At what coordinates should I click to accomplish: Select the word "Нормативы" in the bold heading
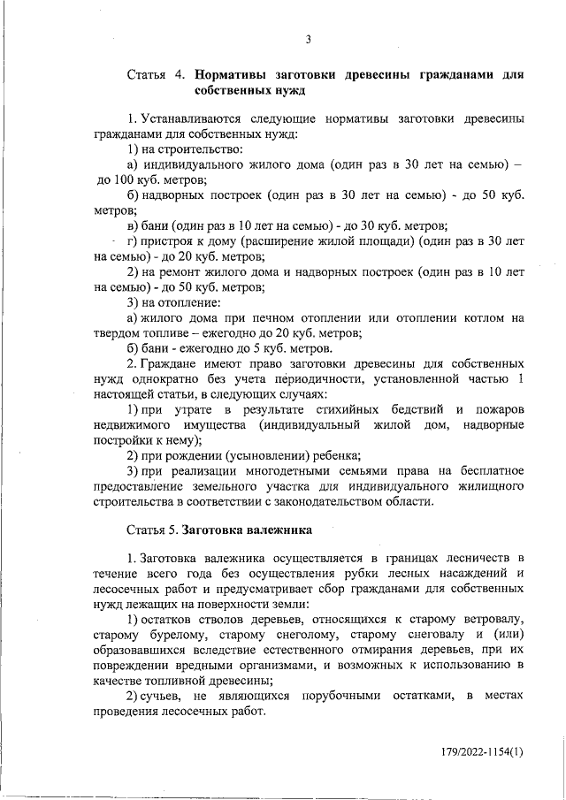(233, 74)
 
